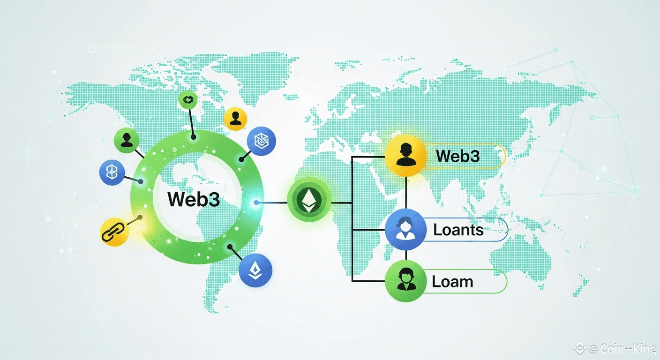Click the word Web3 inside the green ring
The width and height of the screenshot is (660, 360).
tap(194, 199)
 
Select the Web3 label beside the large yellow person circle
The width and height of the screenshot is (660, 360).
tap(457, 156)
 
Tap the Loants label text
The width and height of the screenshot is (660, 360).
tap(458, 230)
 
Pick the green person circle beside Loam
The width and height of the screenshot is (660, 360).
tap(405, 281)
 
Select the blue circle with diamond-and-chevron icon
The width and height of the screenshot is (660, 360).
tap(255, 270)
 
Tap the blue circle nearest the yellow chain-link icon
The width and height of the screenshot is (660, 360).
tap(112, 172)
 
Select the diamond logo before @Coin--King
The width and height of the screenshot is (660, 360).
tap(580, 348)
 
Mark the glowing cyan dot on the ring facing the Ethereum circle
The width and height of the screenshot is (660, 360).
tap(256, 203)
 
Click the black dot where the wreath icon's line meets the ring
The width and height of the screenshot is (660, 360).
tap(193, 137)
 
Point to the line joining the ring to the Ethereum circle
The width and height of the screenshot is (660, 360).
tap(272, 203)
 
